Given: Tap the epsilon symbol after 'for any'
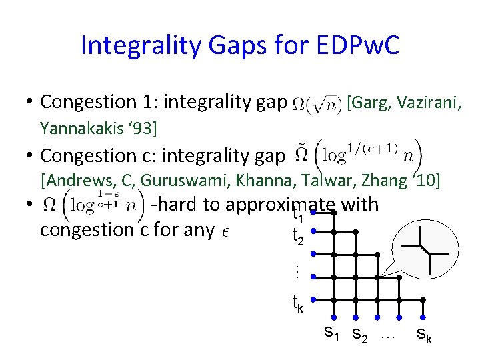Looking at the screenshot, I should click(223, 231).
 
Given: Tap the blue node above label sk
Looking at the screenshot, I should click(421, 317).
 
